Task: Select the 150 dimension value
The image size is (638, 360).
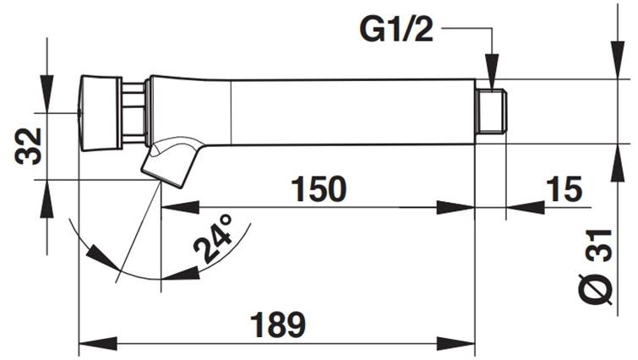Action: pyautogui.click(x=319, y=189)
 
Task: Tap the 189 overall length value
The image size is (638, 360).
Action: pyautogui.click(x=276, y=325)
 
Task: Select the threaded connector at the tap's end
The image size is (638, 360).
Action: pyautogui.click(x=489, y=110)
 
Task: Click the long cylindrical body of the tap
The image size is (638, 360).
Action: pyautogui.click(x=338, y=111)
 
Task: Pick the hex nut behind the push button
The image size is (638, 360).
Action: pyautogui.click(x=133, y=112)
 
